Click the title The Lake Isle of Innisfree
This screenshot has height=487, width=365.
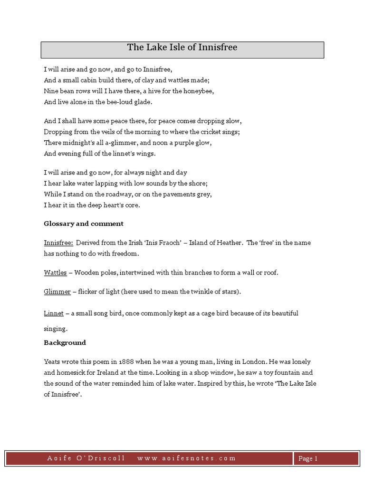click(x=182, y=48)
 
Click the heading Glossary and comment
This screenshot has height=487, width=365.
click(x=84, y=224)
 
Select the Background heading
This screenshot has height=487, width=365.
click(x=65, y=342)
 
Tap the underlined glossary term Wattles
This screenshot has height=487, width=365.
click(x=55, y=273)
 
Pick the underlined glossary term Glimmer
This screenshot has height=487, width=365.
click(x=57, y=292)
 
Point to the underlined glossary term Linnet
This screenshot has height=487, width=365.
click(x=53, y=313)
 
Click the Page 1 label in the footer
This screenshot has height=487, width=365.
click(x=307, y=458)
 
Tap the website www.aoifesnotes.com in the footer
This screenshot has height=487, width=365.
click(x=186, y=458)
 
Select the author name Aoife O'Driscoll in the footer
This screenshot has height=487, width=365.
click(x=86, y=458)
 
